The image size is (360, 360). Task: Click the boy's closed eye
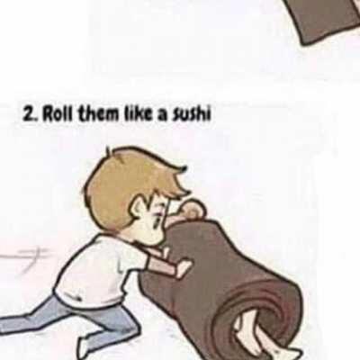coord(156,217)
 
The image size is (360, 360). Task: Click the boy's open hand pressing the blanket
coord(183,267)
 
